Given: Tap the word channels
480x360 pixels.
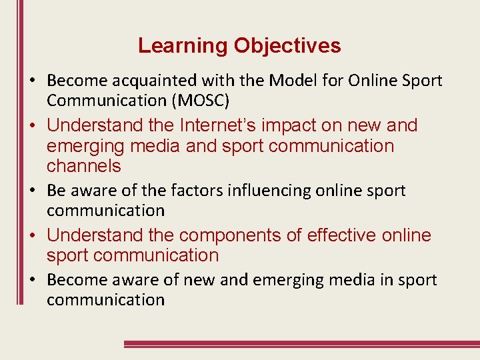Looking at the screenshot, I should [84, 165].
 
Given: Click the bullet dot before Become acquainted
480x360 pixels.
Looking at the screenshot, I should [33, 81].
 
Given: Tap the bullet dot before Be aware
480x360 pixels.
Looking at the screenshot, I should [33, 191].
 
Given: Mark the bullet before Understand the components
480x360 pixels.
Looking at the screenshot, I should [33, 236].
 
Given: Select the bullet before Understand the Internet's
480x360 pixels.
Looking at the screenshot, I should [33, 126].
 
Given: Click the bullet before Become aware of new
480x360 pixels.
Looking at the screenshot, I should [33, 281].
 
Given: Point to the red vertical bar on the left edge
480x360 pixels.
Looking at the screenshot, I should [19, 153].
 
